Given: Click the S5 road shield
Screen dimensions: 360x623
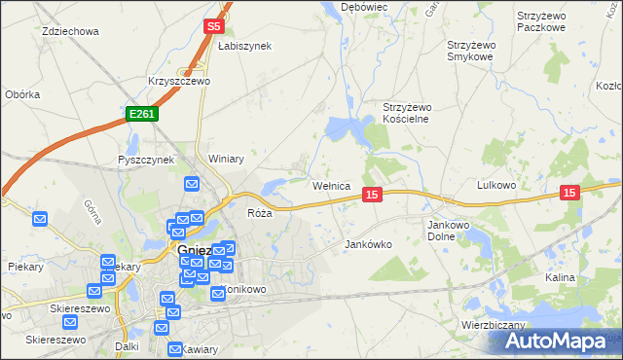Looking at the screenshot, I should [x=215, y=27].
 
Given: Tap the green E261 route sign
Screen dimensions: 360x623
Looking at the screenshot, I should [x=140, y=114].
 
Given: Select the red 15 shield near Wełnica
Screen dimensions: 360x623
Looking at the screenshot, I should [x=371, y=196].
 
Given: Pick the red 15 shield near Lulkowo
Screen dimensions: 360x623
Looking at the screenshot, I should [x=569, y=194].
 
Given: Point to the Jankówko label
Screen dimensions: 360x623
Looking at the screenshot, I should [x=368, y=244].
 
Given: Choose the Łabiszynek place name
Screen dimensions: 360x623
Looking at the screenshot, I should [x=244, y=46].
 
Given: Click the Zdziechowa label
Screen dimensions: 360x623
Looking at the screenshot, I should [x=70, y=31].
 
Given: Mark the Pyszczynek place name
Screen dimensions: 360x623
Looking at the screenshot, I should [x=145, y=159].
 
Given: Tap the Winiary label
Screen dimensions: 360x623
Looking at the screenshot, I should [x=225, y=159].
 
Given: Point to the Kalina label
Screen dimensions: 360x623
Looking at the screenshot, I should [x=560, y=277].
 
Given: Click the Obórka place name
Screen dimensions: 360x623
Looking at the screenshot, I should [x=21, y=94].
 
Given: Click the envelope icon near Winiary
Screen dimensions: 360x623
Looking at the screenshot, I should [x=192, y=183].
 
